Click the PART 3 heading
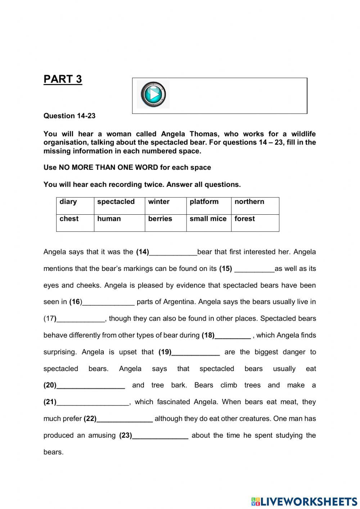coord(63,79)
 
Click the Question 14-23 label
coord(69,116)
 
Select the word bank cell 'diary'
coord(75,206)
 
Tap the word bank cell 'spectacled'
coord(119,206)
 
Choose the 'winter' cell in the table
coord(165,206)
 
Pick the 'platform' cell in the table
coord(208,206)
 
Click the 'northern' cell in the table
coord(255,206)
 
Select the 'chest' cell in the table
coord(75,223)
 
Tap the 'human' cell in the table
coord(119,223)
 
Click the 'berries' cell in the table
coord(165,223)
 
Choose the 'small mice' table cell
coord(208,223)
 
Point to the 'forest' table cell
coord(255,223)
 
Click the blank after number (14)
coord(173,253)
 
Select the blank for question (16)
coord(108,303)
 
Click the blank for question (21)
coord(93,403)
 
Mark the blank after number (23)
coord(160,436)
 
